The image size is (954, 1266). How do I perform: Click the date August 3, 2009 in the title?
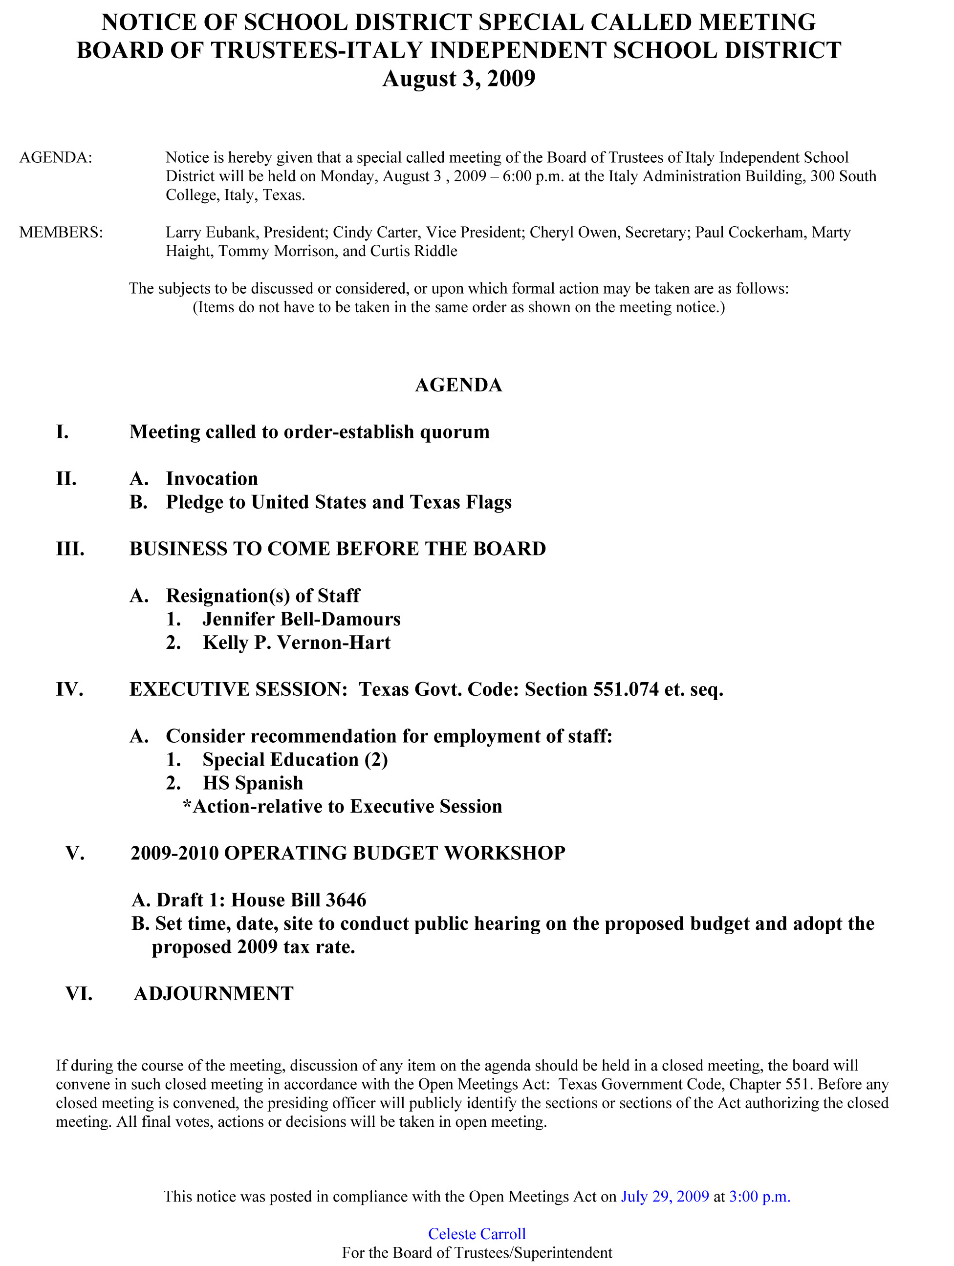[x=459, y=78]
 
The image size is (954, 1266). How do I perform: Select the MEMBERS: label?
[x=61, y=233]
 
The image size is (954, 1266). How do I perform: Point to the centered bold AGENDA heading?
[x=459, y=385]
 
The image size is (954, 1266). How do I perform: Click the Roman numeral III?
[x=70, y=549]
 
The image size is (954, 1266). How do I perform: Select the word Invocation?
[x=212, y=478]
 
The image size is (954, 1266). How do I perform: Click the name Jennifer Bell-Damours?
[x=301, y=619]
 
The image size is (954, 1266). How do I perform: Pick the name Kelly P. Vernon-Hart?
[x=297, y=643]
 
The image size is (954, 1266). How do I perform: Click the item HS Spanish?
[x=253, y=783]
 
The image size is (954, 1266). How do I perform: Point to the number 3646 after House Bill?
[x=346, y=901]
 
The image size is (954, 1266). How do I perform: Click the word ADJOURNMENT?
[x=214, y=993]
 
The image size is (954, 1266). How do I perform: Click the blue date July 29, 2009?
[x=665, y=1197]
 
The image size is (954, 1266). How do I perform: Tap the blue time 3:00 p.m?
[x=759, y=1197]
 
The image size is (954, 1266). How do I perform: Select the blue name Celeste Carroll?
[x=477, y=1234]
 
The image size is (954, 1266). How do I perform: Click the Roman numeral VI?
[x=79, y=993]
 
